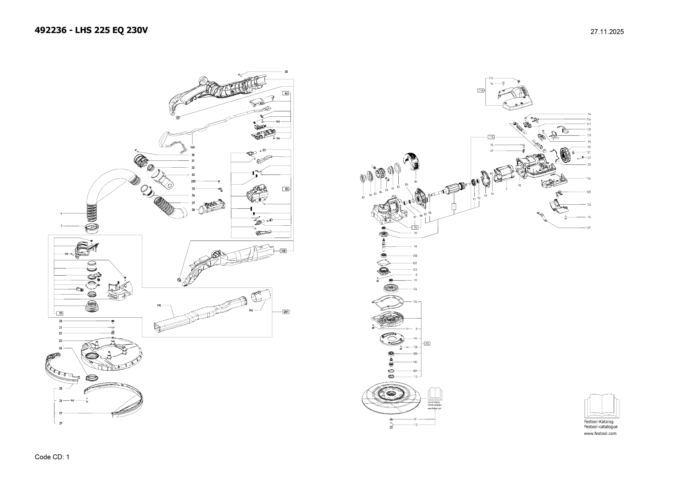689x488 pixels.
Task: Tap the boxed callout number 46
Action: coord(286,93)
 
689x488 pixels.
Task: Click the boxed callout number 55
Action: coord(286,189)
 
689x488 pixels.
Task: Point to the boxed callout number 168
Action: coord(283,251)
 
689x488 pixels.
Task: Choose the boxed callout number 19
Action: coord(60,313)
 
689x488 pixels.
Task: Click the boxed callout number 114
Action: coord(481,90)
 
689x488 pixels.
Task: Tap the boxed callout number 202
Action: coord(427,343)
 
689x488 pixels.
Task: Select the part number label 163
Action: coord(192,147)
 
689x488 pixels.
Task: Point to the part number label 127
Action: coord(588,228)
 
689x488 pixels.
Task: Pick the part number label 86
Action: coord(416,182)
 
